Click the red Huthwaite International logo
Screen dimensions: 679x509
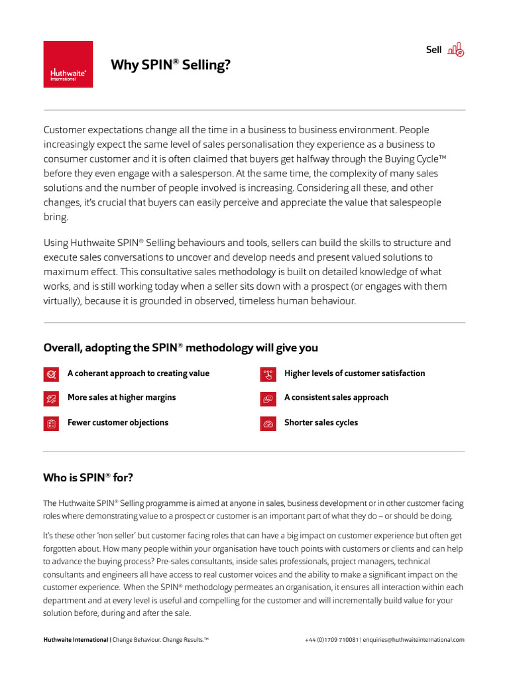68,64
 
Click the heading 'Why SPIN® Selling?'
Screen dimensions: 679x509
171,64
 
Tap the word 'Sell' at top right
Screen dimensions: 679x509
433,50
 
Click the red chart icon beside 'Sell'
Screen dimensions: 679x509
456,50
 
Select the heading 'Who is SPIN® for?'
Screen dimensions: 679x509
88,477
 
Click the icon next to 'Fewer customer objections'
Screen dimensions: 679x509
50,424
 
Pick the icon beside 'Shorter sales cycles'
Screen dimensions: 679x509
268,424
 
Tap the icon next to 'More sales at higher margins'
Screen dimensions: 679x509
50,399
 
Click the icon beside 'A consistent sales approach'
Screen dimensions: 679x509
268,399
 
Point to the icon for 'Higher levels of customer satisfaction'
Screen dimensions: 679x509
268,374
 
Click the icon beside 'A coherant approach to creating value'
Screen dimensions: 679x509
50,374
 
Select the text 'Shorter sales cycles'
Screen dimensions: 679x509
321,422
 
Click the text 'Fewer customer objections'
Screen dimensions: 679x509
117,422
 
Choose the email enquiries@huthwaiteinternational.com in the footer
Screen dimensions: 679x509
414,640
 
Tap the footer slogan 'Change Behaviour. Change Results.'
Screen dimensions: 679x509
161,640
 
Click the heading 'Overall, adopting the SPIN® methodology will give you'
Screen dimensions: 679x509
180,348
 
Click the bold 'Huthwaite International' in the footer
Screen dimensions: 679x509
76,640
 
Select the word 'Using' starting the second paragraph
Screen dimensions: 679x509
55,243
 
